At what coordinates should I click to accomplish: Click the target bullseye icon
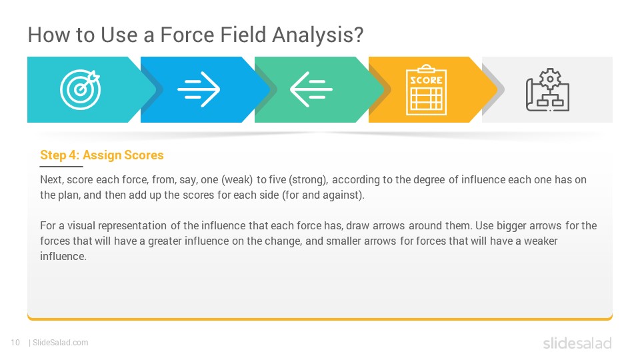click(81, 89)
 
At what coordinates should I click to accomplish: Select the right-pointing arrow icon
click(199, 89)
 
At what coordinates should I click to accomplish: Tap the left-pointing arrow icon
click(311, 89)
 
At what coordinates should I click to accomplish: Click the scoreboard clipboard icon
click(426, 90)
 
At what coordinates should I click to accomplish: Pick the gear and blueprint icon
click(547, 90)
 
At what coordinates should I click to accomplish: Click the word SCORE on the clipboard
click(426, 80)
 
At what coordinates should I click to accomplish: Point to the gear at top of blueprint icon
click(550, 79)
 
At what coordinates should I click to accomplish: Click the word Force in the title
click(187, 35)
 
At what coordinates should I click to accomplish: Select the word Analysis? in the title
click(317, 35)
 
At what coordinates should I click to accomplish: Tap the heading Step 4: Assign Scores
click(101, 155)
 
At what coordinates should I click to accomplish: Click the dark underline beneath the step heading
click(61, 167)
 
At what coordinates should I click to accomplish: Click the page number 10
click(15, 343)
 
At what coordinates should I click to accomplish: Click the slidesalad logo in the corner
click(577, 343)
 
